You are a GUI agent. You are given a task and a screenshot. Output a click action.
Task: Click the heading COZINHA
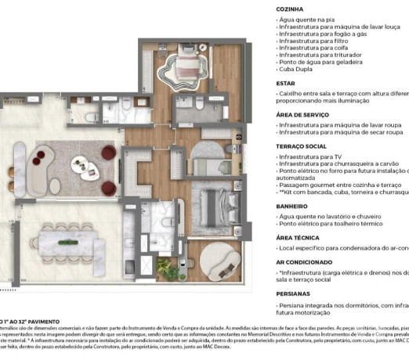coord(291,9)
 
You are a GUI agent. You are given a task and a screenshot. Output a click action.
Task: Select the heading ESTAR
coord(285,82)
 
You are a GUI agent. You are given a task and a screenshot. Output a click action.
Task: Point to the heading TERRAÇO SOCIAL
coord(302,146)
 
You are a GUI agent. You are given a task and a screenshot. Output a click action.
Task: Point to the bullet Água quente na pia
coord(309,19)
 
